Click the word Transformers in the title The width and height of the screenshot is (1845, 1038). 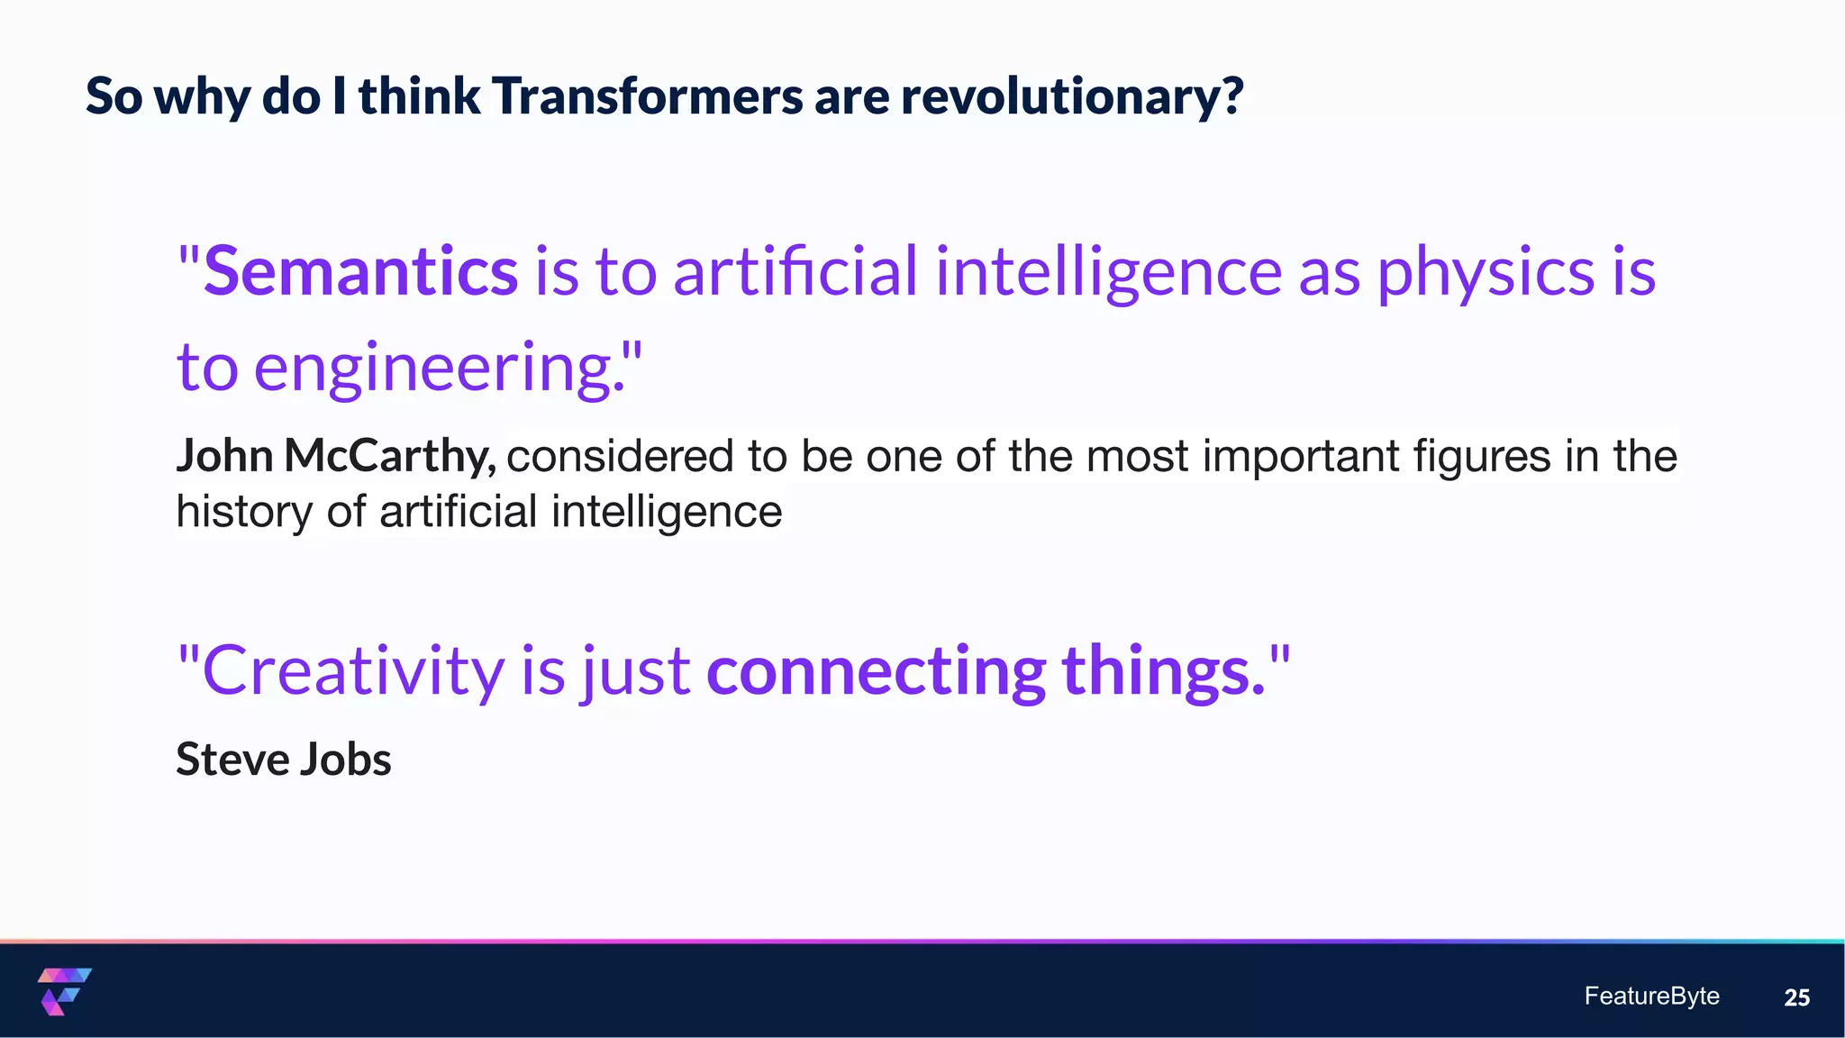pos(647,96)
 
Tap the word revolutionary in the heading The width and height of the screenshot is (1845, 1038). pos(1071,96)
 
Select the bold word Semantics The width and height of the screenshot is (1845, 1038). pos(360,271)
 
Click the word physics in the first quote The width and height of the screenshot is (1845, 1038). pos(1486,271)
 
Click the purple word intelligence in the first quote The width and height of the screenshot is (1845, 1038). pos(1108,271)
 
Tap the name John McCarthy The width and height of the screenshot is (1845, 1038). pos(334,455)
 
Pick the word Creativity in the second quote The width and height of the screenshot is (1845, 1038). pos(354,671)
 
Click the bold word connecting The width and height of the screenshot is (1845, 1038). pos(876,671)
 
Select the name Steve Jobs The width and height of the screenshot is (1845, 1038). pos(283,759)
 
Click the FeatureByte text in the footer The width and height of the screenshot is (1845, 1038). pos(1651,996)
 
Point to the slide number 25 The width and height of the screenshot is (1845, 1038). pos(1796,997)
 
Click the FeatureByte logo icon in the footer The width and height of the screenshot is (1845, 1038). pos(64,991)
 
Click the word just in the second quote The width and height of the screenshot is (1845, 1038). pos(636,671)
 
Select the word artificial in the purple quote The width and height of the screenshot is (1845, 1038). pos(795,271)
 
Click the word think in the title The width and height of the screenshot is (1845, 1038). pos(419,96)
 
